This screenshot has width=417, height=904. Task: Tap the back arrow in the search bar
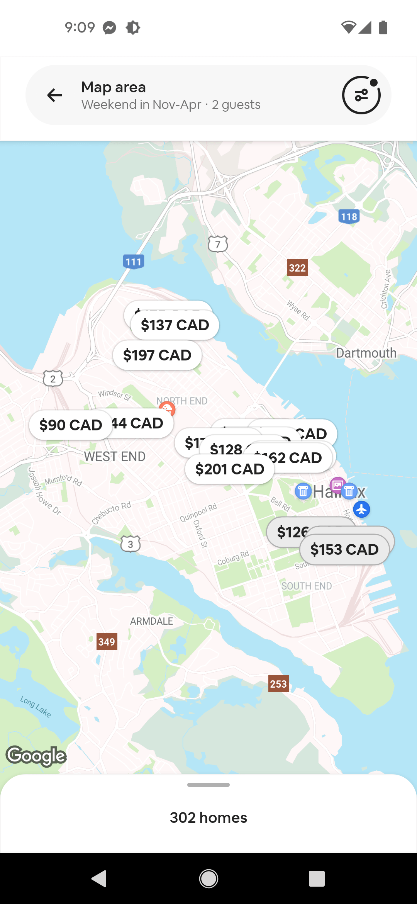54,95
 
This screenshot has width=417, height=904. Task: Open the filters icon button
361,95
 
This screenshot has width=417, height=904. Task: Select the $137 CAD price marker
175,325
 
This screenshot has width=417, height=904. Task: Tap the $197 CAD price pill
157,355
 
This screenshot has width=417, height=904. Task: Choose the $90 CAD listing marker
70,425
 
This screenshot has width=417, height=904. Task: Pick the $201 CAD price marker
230,469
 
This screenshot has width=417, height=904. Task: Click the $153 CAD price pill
344,550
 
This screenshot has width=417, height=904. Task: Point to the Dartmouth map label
366,353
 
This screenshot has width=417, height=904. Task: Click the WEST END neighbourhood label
115,457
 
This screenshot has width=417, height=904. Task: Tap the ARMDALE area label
151,621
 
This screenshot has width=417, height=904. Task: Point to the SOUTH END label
307,586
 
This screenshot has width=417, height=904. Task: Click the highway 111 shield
134,262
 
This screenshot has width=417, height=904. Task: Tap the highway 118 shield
349,216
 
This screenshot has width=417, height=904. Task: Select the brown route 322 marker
297,268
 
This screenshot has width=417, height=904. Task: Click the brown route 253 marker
278,684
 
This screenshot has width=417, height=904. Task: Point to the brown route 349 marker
107,642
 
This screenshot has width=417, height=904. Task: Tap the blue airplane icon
361,509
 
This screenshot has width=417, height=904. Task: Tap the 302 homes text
208,818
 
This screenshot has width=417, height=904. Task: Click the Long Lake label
36,707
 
